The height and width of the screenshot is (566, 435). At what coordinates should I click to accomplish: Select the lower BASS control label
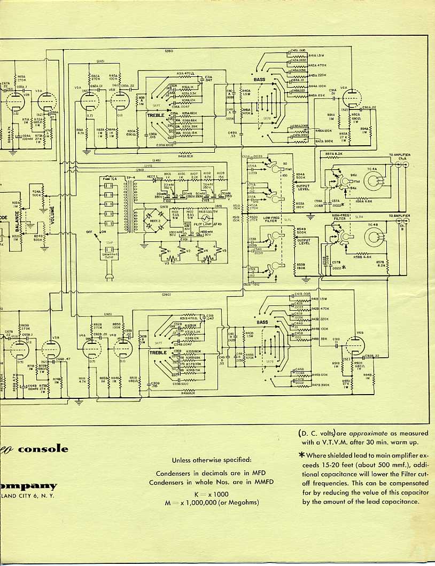point(262,323)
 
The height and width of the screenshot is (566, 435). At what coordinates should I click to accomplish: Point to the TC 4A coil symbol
point(372,181)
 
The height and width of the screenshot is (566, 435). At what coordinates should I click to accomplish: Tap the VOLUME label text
point(52,214)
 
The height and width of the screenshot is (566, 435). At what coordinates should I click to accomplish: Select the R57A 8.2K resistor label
point(334,154)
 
